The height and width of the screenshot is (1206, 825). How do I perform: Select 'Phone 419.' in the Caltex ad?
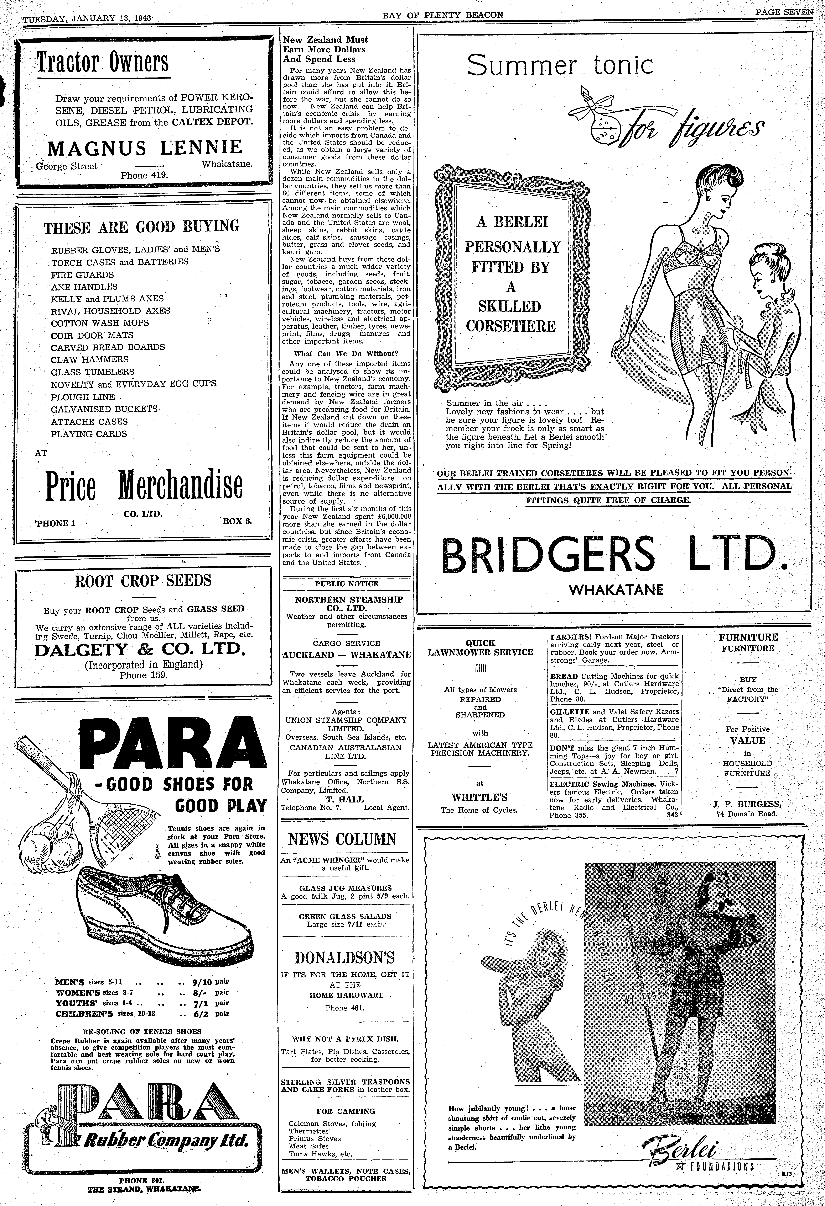tap(144, 175)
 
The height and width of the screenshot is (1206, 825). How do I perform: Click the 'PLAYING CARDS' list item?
tap(89, 434)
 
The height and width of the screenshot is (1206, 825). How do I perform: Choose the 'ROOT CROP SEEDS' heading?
tap(143, 581)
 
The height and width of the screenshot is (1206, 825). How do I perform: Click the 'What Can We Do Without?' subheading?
tap(346, 353)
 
